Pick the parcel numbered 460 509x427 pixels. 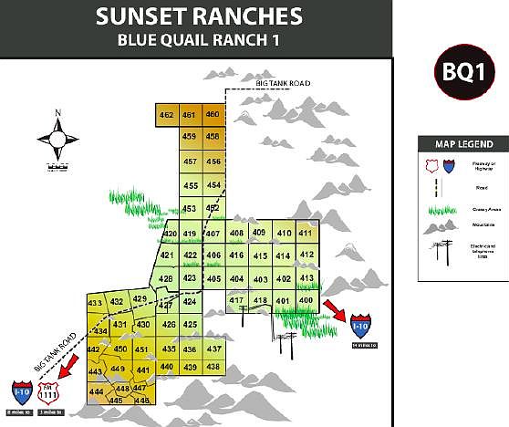(x=213, y=114)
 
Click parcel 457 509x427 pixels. (x=191, y=161)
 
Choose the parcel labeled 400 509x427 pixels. (x=306, y=300)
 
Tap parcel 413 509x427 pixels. (x=306, y=277)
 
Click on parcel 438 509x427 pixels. (x=213, y=367)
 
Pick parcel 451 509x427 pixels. (x=141, y=349)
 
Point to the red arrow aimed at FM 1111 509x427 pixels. (x=67, y=368)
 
